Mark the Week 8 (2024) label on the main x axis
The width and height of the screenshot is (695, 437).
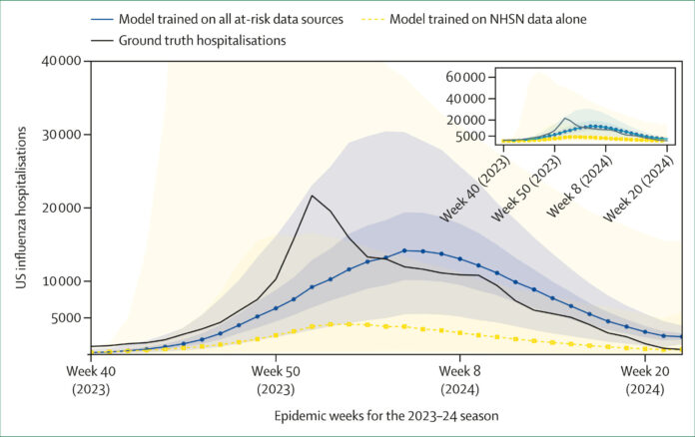tap(459, 379)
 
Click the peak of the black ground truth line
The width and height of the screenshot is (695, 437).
tap(313, 196)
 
